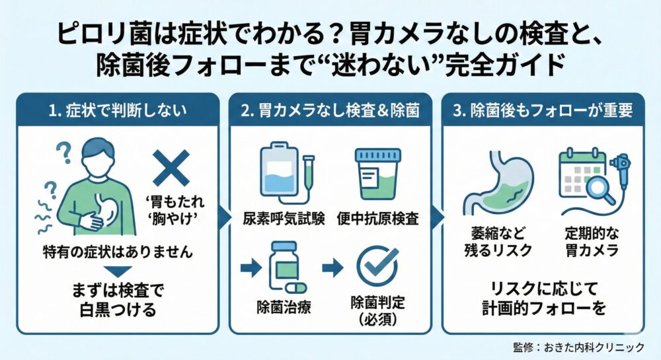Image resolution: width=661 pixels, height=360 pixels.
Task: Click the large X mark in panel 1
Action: point(171,168)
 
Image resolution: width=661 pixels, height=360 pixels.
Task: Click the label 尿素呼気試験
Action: point(284,219)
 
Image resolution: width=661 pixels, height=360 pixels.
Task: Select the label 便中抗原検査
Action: point(377,219)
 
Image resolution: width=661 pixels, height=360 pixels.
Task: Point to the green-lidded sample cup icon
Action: point(377,173)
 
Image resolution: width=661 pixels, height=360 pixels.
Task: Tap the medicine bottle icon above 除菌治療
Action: point(284,266)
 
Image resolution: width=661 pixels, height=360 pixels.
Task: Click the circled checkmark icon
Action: point(378,266)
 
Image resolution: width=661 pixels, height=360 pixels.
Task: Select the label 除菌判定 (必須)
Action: point(377,310)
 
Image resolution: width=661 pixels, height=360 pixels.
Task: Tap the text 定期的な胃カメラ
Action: point(592,242)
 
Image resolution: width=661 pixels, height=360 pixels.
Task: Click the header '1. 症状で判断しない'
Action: point(118,110)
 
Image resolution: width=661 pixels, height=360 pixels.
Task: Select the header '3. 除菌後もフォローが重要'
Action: point(543,110)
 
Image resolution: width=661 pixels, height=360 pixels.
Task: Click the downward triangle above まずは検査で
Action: point(118,271)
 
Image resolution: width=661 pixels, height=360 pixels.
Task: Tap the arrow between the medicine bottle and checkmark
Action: point(332,268)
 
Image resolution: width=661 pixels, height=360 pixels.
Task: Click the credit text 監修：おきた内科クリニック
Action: point(579,347)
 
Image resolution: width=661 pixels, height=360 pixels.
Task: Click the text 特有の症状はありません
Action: point(118,252)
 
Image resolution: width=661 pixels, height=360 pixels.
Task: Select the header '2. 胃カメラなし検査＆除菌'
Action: point(330,110)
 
